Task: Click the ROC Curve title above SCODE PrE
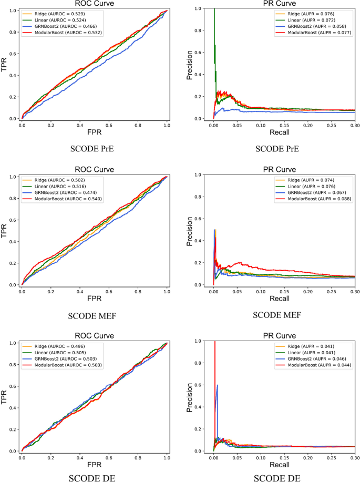point(94,4)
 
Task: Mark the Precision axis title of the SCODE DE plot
point(190,396)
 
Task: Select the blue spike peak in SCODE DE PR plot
point(217,385)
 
